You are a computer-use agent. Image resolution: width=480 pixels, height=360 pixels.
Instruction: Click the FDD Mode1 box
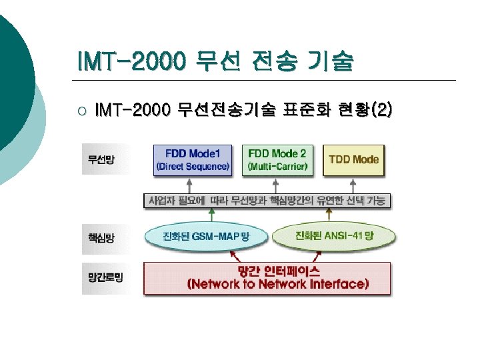click(193, 159)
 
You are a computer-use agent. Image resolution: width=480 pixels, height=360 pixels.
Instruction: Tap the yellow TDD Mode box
click(353, 159)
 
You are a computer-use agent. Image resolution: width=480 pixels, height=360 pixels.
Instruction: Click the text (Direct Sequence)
click(193, 166)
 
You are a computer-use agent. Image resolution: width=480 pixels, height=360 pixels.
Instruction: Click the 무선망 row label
click(101, 160)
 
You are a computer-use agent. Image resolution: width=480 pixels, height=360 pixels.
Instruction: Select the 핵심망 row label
click(101, 237)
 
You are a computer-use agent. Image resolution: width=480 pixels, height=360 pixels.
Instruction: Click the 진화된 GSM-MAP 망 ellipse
click(206, 236)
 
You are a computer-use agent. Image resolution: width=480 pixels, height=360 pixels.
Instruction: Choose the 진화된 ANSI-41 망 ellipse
click(334, 236)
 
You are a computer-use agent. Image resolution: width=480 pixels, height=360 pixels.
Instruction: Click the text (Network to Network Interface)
click(278, 285)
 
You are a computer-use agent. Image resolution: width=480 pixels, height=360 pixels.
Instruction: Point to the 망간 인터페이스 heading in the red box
click(278, 271)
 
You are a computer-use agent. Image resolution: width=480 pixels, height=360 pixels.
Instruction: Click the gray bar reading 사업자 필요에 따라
click(267, 201)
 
